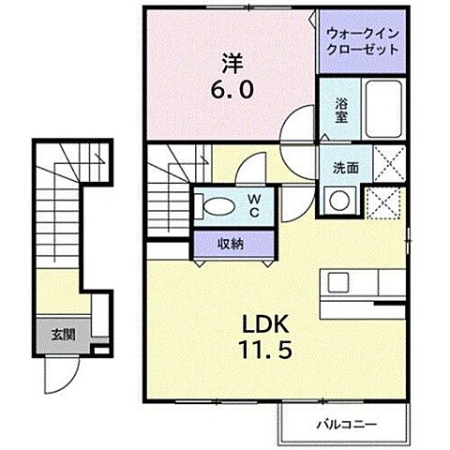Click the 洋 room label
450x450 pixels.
point(232,65)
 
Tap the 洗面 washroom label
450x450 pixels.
point(345,168)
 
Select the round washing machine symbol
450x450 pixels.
point(337,200)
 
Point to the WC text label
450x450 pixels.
point(254,205)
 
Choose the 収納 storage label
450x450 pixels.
point(232,243)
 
